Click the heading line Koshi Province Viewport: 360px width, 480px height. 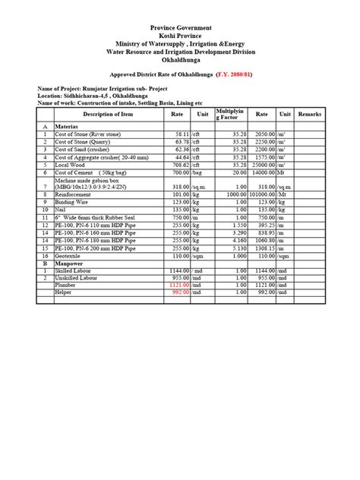[x=180, y=36]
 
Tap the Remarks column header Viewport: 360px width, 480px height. [x=310, y=114]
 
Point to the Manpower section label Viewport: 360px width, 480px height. [x=72, y=264]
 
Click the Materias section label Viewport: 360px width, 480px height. [x=71, y=126]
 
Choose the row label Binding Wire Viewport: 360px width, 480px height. [x=74, y=203]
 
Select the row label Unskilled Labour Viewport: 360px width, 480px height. [x=79, y=278]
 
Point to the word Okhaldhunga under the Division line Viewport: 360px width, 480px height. [x=180, y=61]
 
